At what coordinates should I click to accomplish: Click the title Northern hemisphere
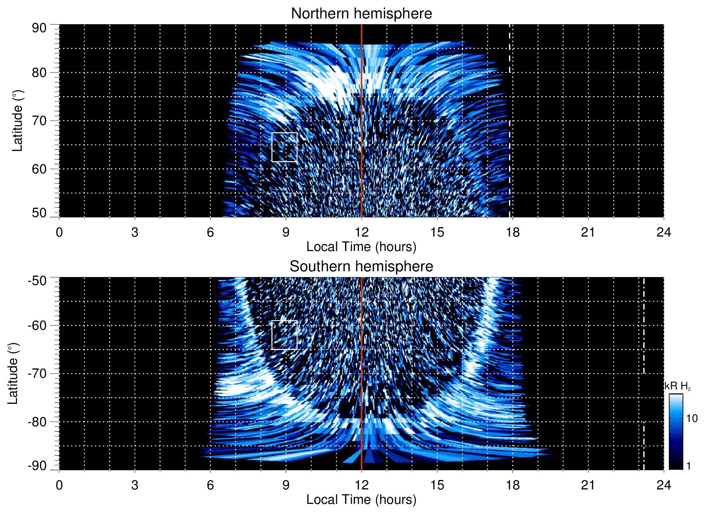tap(361, 14)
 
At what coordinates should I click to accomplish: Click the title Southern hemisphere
tap(361, 267)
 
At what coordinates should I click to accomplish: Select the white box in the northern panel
tap(284, 147)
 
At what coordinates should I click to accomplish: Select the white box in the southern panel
tap(284, 335)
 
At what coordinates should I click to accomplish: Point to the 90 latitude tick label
tap(39, 28)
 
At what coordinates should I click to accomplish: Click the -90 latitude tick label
tap(37, 466)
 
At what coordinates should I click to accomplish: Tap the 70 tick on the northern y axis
tap(39, 121)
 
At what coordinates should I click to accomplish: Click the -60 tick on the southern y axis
tap(37, 325)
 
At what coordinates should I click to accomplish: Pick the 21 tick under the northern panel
tap(588, 232)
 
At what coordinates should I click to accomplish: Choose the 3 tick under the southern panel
tap(135, 485)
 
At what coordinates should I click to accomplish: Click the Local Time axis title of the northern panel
tap(361, 247)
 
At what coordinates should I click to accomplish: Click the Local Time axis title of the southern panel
tap(361, 500)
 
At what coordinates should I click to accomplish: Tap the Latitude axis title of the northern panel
tap(17, 121)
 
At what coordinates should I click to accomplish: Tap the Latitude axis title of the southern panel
tap(13, 373)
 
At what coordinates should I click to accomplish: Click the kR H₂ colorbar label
tap(678, 386)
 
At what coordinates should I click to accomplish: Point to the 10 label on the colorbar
tap(692, 419)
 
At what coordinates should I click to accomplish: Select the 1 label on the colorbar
tap(688, 466)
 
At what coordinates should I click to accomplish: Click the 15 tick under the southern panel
tap(437, 485)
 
